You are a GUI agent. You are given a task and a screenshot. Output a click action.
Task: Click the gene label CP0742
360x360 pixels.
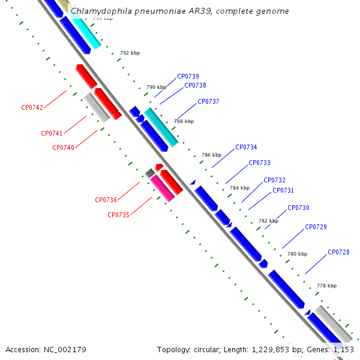(32, 107)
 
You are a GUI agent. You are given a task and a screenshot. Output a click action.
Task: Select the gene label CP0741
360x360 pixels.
(52, 133)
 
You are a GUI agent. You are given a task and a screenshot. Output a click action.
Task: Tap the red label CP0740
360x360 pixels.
(63, 148)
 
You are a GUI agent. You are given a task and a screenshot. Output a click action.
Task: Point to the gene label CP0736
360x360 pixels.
(106, 200)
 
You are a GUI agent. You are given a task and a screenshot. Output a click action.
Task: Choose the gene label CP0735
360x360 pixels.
(118, 215)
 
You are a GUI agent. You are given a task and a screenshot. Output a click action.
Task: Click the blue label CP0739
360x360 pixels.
(188, 76)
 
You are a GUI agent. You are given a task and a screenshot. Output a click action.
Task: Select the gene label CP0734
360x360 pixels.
(246, 147)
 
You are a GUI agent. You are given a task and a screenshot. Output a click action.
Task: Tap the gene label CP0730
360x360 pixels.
(298, 208)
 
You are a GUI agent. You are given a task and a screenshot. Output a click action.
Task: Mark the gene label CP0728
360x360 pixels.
(338, 252)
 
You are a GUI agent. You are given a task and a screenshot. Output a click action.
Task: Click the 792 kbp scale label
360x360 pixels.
(130, 53)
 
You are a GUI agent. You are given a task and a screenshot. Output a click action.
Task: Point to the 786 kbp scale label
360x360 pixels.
(211, 155)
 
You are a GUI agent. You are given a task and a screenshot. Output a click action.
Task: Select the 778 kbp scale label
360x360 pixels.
(326, 286)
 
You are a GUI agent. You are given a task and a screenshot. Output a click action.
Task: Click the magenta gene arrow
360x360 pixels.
(161, 188)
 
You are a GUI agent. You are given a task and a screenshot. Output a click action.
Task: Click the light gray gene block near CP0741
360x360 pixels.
(96, 107)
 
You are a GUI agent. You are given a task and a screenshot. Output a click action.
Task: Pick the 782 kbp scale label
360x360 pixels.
(268, 221)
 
